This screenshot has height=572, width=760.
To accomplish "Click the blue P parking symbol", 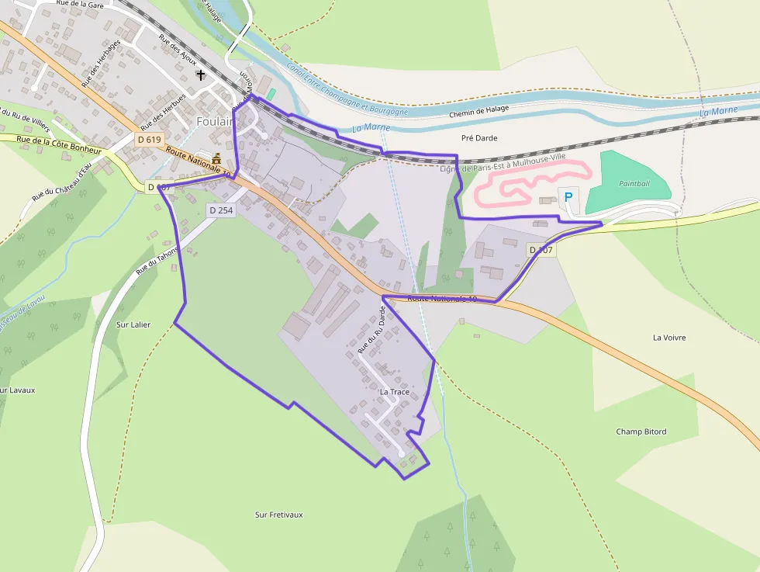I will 568,197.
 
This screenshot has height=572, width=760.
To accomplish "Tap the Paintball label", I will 634,183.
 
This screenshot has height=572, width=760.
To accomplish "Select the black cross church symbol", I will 201,75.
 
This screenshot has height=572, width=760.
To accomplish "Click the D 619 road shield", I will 149,140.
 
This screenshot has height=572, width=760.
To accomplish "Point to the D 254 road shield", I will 220,210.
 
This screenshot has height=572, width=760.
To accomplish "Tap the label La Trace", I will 394,392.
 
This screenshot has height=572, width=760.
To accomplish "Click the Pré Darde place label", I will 478,138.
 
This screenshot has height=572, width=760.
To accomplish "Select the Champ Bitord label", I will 641,432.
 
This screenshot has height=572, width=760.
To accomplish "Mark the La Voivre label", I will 668,338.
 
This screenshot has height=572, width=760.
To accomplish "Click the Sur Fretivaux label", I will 278,515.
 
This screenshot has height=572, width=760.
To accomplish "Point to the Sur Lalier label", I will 133,324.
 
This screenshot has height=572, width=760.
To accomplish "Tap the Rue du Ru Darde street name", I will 382,330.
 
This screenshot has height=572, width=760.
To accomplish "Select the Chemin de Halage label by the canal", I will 478,111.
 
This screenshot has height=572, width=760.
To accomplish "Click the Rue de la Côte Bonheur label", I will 59,144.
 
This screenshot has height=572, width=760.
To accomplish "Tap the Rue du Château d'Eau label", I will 62,181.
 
